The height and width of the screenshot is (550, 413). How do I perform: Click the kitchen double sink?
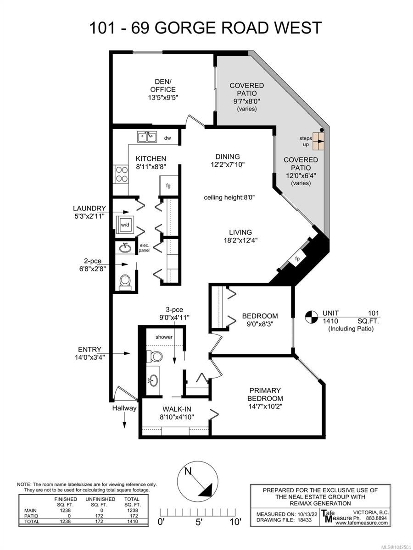(147, 137)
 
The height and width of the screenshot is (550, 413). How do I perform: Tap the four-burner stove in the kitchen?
(122, 174)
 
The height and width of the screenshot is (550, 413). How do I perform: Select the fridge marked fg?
(168, 186)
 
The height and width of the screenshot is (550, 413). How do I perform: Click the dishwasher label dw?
(167, 138)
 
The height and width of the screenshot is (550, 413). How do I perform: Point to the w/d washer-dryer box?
(125, 225)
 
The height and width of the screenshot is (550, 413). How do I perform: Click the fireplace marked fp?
(297, 259)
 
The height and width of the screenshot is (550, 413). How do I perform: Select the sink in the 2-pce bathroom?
(125, 248)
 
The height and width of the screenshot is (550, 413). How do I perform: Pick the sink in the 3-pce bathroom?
(153, 381)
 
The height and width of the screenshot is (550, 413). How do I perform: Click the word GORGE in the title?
(185, 27)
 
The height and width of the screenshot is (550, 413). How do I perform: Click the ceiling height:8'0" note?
(229, 198)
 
